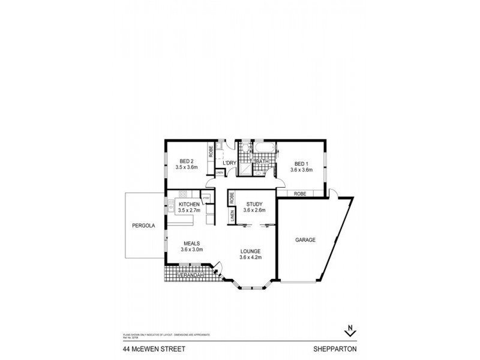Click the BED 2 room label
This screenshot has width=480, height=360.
point(186,161)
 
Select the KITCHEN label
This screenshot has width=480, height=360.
point(188,205)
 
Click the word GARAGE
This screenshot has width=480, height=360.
point(305,240)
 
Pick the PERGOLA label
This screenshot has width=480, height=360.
point(143,226)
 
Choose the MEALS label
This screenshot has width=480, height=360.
point(192,243)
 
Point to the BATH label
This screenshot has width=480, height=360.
point(262,162)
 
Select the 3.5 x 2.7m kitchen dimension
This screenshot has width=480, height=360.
point(188,211)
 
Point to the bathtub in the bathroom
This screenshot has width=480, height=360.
point(265,147)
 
